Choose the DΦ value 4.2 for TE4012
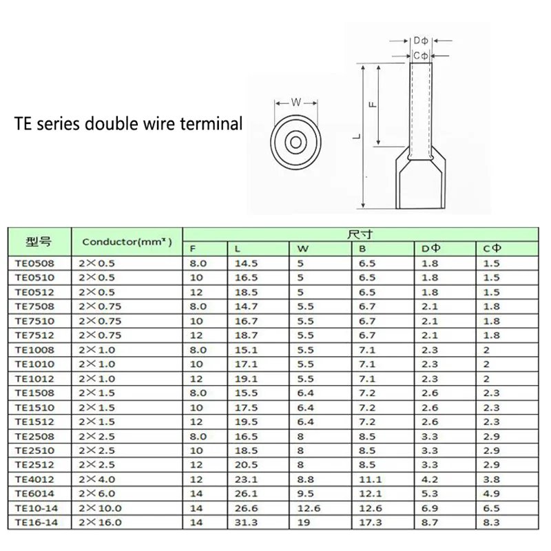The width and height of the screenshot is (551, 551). (x=429, y=480)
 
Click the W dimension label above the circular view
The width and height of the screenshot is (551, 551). (x=296, y=102)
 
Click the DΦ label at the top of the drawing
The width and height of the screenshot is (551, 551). (x=421, y=41)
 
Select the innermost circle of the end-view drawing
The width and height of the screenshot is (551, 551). (x=296, y=142)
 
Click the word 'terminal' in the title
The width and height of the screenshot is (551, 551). (x=210, y=125)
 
